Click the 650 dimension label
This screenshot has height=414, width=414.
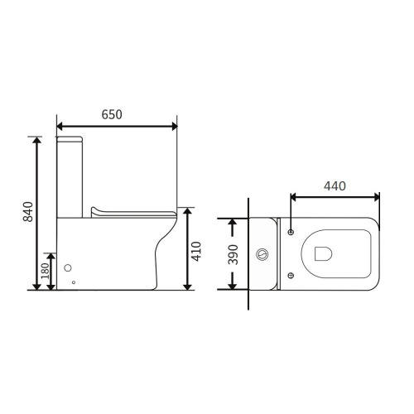pyautogui.click(x=112, y=115)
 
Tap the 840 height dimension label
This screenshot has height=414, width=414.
pyautogui.click(x=28, y=212)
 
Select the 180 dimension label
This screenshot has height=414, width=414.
pyautogui.click(x=45, y=271)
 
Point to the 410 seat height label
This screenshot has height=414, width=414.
pyautogui.click(x=196, y=251)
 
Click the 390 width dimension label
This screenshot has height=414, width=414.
pyautogui.click(x=233, y=254)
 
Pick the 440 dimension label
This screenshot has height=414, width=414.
pyautogui.click(x=335, y=186)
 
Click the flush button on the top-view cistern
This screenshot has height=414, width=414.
pyautogui.click(x=262, y=254)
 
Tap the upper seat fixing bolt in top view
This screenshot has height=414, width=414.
pyautogui.click(x=291, y=232)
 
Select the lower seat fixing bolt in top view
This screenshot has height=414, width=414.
pyautogui.click(x=291, y=275)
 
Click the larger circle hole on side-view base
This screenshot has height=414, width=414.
pyautogui.click(x=68, y=267)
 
